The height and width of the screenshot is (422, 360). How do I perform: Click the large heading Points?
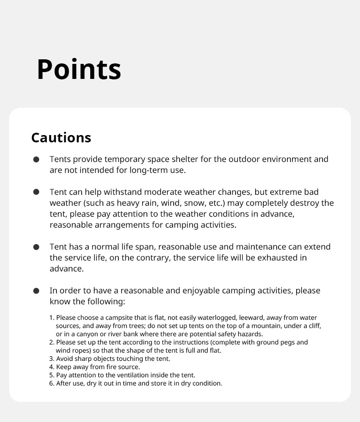(79, 70)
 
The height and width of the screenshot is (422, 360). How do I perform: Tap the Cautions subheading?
(61, 138)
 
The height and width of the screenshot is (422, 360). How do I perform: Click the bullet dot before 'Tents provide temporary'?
(36, 160)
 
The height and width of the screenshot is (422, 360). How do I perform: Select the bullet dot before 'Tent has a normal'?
(36, 247)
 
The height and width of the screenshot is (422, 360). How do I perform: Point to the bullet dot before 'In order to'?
(36, 291)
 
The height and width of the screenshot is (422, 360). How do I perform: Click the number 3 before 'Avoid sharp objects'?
(51, 359)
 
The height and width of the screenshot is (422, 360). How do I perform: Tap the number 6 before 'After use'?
(51, 383)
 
